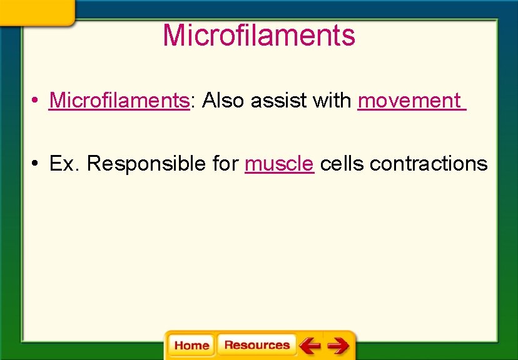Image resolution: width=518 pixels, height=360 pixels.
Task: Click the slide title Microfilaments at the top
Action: (258, 36)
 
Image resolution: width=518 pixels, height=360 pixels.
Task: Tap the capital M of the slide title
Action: (173, 36)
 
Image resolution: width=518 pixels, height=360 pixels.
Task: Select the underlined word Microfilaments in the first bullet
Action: (119, 100)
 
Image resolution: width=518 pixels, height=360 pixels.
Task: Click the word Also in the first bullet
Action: (223, 100)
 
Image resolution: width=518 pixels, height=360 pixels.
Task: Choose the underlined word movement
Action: (409, 100)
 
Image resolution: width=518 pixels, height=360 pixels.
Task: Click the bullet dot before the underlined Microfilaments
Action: (38, 101)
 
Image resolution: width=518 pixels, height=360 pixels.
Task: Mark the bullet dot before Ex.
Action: (38, 164)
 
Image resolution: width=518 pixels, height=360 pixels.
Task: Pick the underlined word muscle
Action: (279, 163)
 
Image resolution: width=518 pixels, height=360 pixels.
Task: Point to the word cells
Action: (342, 163)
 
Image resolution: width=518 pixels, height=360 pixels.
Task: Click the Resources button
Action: (256, 345)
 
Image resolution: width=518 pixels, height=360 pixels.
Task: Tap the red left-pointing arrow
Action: (309, 345)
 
